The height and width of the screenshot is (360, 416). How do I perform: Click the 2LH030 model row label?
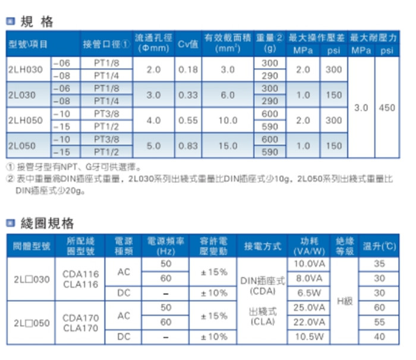[x=26, y=70]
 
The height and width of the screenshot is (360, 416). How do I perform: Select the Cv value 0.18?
[x=188, y=70]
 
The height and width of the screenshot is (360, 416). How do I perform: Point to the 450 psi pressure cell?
[x=387, y=108]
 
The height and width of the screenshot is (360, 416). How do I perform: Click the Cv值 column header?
[x=188, y=44]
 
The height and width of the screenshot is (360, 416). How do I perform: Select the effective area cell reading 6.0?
[x=228, y=95]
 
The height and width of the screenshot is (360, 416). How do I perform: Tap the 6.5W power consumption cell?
[x=309, y=293]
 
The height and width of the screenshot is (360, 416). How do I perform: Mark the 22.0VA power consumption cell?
[x=309, y=321]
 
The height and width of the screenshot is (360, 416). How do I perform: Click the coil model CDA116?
[x=80, y=274]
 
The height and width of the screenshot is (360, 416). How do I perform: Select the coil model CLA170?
[x=80, y=327]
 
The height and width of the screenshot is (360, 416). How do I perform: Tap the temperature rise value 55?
[x=379, y=321]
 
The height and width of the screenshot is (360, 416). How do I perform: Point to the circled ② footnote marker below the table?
[x=10, y=178]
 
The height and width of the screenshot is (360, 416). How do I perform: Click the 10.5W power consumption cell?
[x=309, y=336]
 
